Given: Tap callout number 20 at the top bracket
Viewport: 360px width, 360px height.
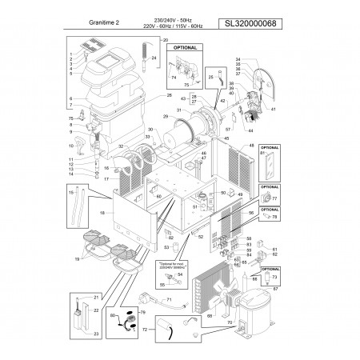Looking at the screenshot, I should click(166, 40).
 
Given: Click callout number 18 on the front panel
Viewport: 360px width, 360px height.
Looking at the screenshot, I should click(102, 214).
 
